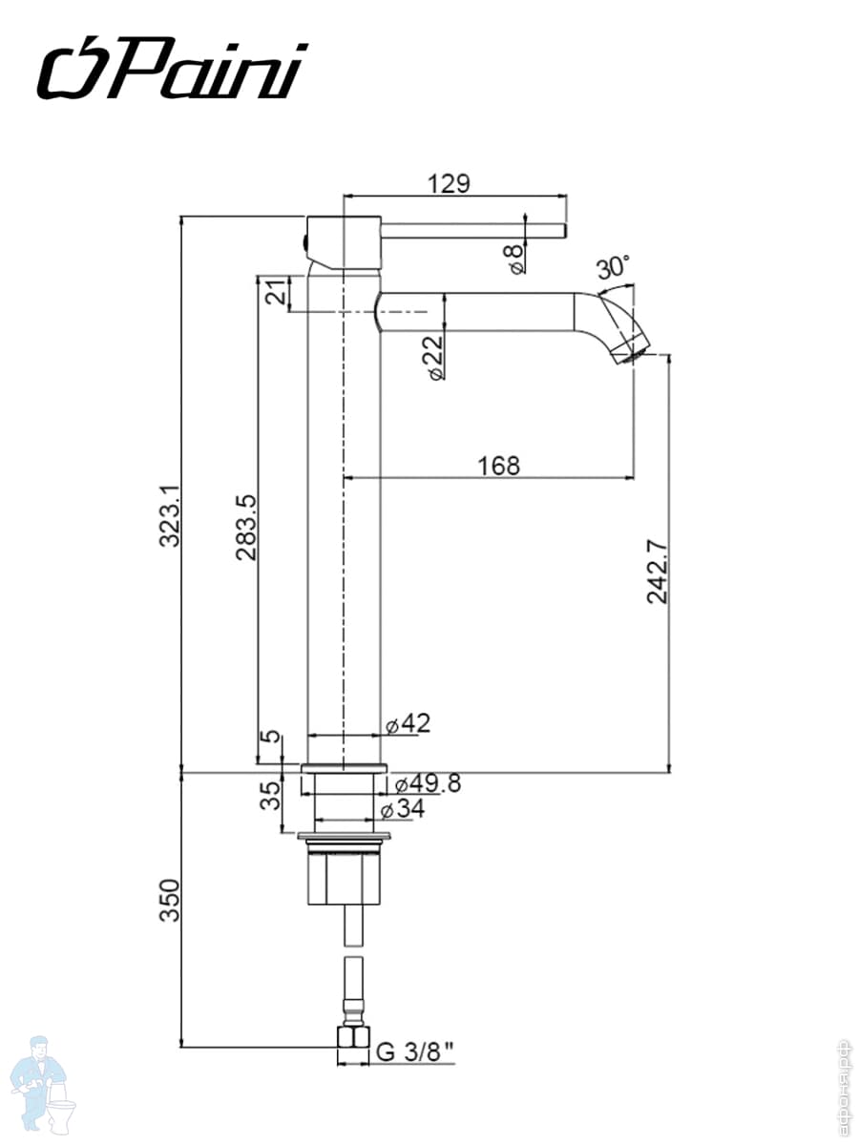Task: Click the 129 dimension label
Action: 449,183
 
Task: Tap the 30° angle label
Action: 614,266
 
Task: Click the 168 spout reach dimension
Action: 499,466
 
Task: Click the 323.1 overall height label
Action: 169,515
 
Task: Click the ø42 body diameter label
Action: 409,724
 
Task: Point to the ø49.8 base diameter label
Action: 427,783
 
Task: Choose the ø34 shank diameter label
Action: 402,810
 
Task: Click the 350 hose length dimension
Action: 169,902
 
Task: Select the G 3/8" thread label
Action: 414,1052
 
